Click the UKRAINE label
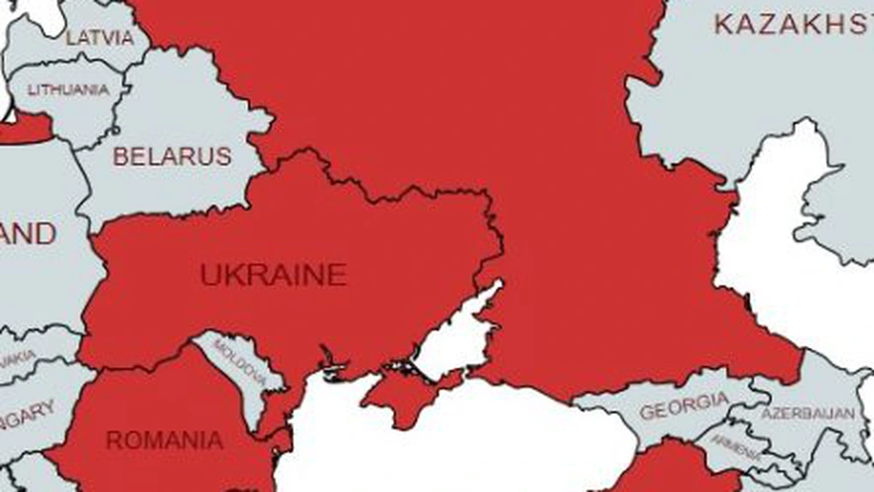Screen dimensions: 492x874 [x=273, y=275]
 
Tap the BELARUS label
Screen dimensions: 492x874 [x=172, y=157]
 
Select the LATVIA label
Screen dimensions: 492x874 [x=100, y=38]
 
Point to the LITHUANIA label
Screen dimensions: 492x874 [x=69, y=89]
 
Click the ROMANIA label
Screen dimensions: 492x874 [x=165, y=441]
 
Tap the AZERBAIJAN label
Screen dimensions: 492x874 [x=807, y=413]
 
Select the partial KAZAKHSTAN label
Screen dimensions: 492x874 [x=793, y=24]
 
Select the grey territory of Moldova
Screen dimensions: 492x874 [x=248, y=386]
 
